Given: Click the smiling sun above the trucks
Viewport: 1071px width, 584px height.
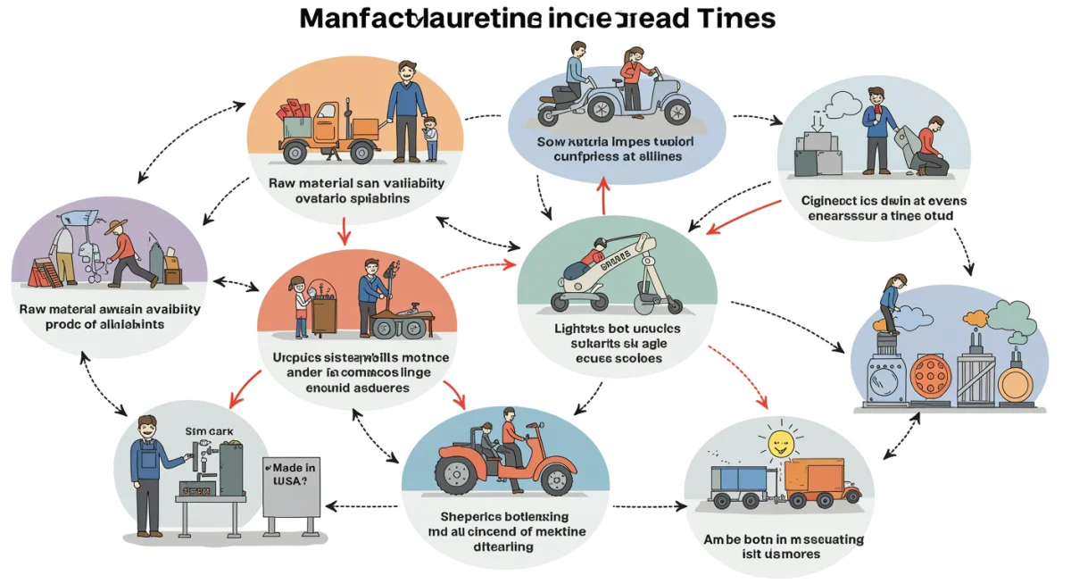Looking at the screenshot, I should [x=782, y=443].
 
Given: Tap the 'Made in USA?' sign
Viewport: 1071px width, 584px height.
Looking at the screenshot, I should [x=291, y=488].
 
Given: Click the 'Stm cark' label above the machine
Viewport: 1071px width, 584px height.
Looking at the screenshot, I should [x=208, y=431].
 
